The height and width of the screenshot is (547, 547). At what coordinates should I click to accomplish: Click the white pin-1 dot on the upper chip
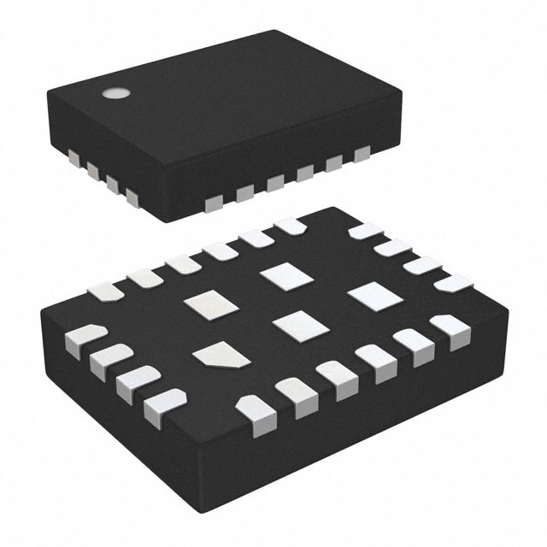pos(111,93)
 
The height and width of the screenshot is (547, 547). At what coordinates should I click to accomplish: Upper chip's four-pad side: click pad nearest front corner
pos(131,198)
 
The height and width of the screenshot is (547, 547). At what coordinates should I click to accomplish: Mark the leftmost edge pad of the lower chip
pos(84,336)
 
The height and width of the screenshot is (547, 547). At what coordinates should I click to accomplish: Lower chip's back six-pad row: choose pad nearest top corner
pos(290,226)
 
